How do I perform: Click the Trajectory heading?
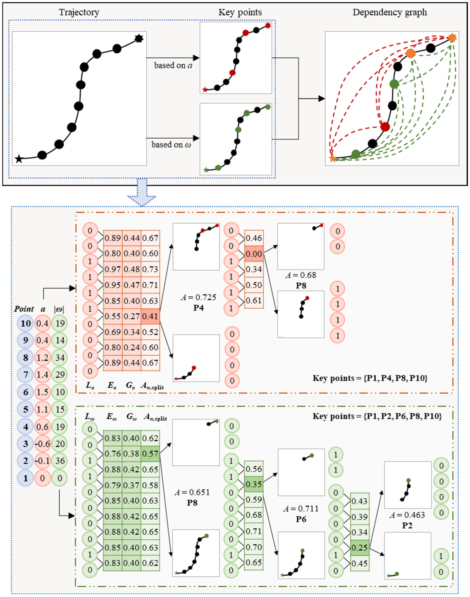pos(79,12)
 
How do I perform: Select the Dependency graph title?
pos(390,12)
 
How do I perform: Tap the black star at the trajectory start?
pos(18,159)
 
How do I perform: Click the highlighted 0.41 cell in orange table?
pos(150,316)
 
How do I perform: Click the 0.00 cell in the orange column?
pos(254,254)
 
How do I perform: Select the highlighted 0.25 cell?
pos(359,547)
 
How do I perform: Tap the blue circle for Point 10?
pos(25,323)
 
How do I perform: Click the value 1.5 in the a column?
pos(42,392)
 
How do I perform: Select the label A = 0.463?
pos(407,515)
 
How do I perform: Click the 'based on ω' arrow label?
pos(171,145)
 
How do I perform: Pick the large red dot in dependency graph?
pos(385,127)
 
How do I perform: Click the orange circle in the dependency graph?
pos(410,54)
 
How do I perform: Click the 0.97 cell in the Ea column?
pos(113,269)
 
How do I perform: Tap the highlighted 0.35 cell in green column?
pos(254,484)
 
